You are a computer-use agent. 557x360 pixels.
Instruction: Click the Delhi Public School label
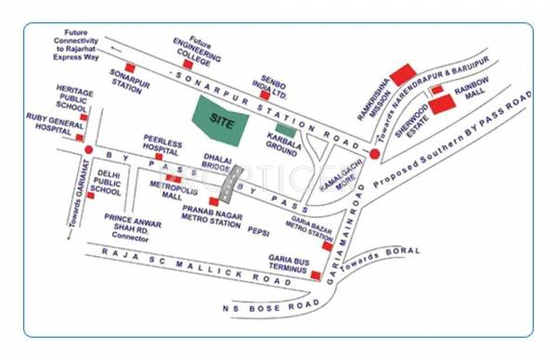[x=109, y=184]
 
